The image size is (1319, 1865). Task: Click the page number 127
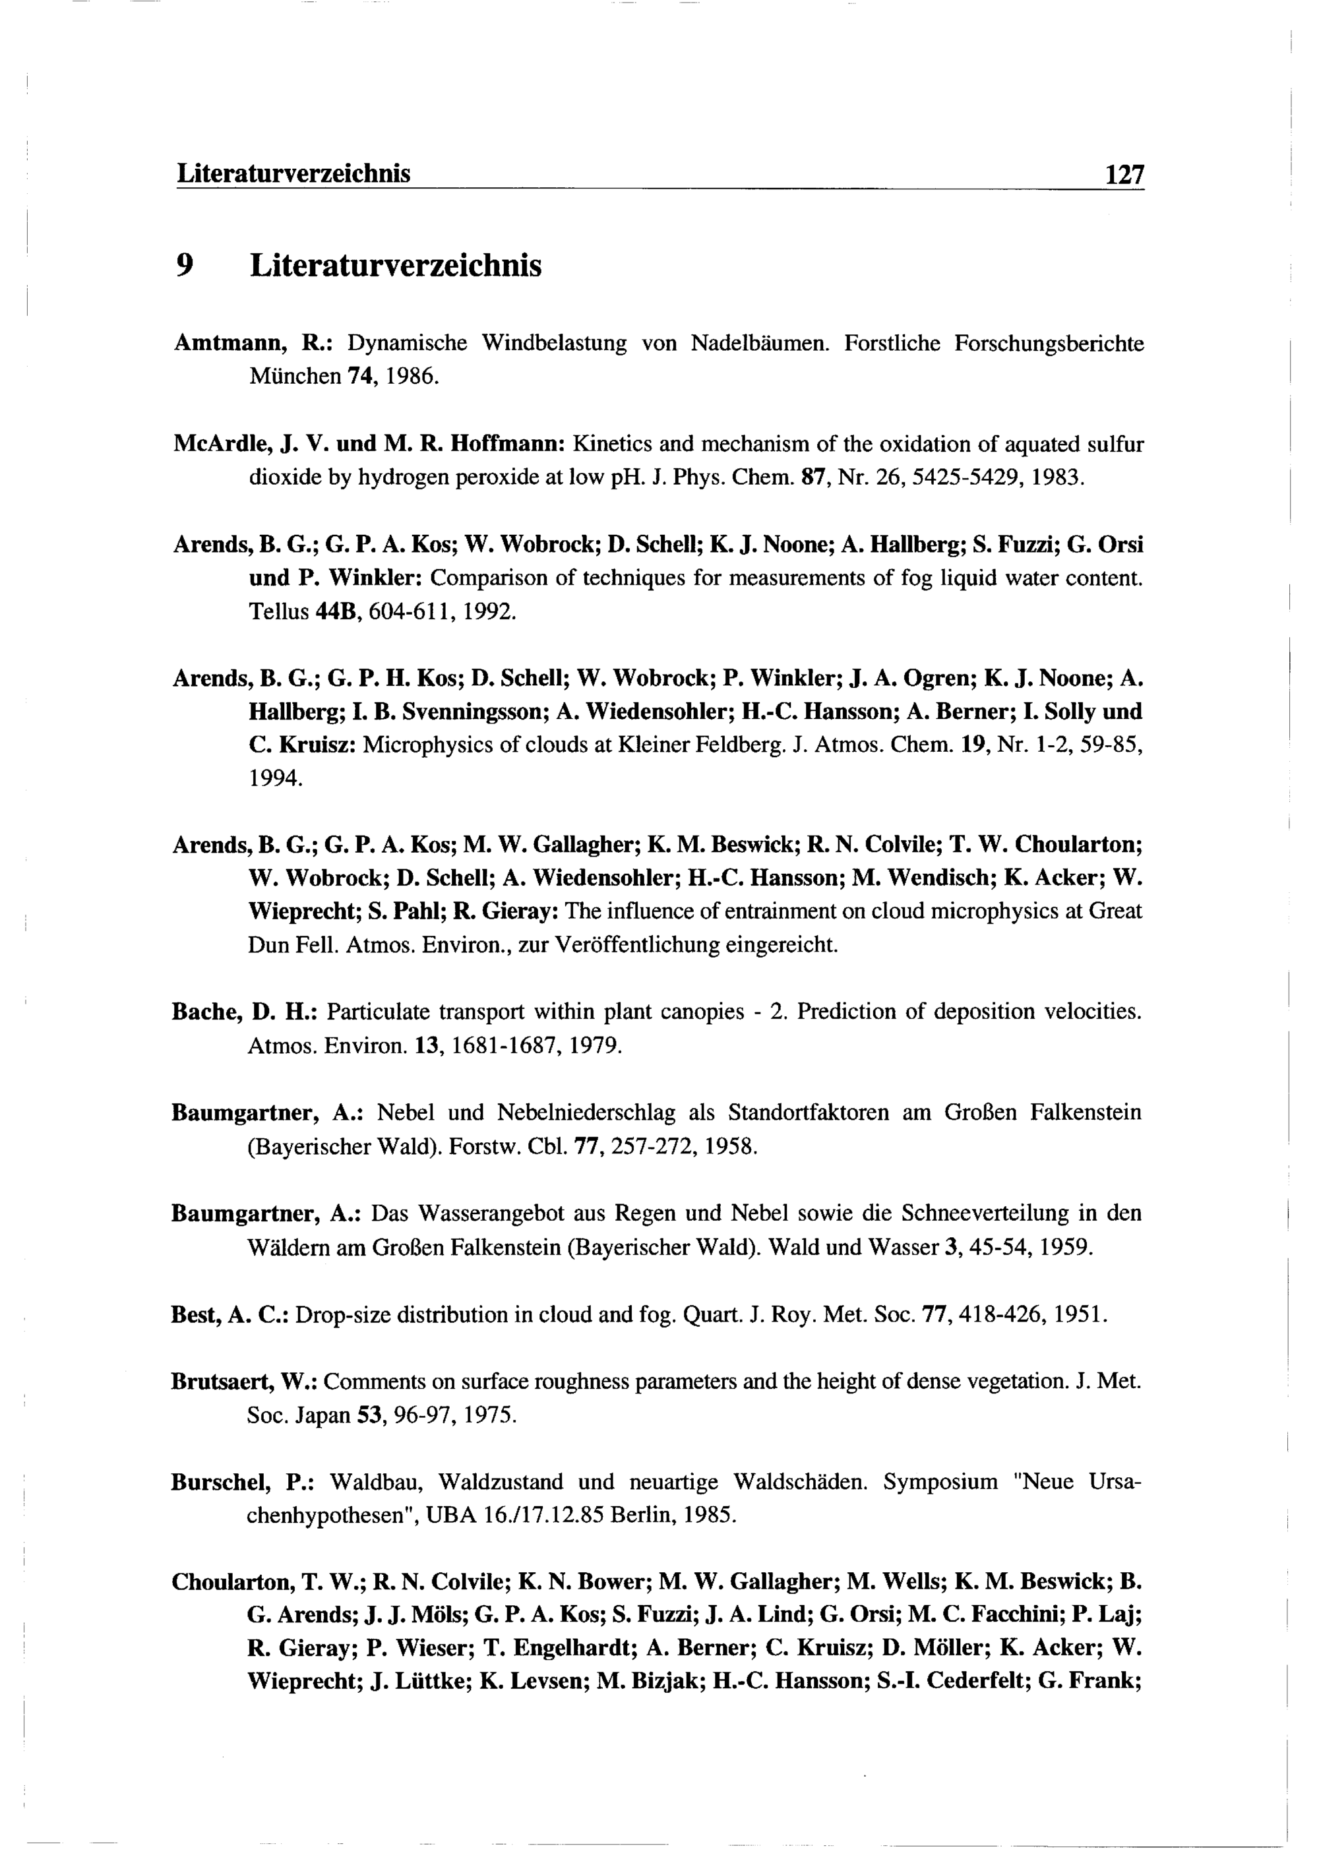coord(1123,175)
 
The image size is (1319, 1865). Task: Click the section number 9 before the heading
coord(185,266)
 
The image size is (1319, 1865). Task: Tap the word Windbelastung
coord(554,344)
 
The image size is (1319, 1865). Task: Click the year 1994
coord(275,779)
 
